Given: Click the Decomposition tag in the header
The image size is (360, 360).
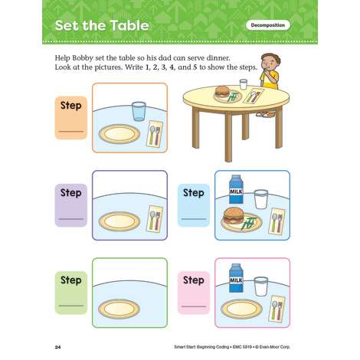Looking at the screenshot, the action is pyautogui.click(x=268, y=25).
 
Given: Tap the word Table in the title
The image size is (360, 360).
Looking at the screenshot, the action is pyautogui.click(x=129, y=25).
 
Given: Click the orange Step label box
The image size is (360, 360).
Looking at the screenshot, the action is pyautogui.click(x=71, y=118).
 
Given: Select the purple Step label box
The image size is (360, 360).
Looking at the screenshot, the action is pyautogui.click(x=71, y=205).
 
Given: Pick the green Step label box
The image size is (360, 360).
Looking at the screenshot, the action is pyautogui.click(x=71, y=293).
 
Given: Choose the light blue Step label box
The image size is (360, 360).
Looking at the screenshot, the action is pyautogui.click(x=194, y=205).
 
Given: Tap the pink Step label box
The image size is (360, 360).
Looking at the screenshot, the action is pyautogui.click(x=194, y=293).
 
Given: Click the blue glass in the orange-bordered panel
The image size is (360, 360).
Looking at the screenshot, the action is pyautogui.click(x=139, y=111).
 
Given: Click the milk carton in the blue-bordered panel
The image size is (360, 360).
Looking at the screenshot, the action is pyautogui.click(x=236, y=189).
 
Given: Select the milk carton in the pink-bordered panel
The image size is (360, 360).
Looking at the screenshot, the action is pyautogui.click(x=236, y=278).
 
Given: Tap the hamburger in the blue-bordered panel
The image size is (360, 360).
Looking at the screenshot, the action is pyautogui.click(x=234, y=215).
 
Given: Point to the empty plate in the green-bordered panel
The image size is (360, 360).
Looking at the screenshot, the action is pyautogui.click(x=119, y=309).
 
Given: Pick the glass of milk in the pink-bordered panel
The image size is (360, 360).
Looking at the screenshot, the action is pyautogui.click(x=260, y=286).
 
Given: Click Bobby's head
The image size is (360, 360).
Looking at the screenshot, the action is pyautogui.click(x=270, y=63).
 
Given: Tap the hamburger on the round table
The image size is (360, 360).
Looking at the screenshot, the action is pyautogui.click(x=222, y=91).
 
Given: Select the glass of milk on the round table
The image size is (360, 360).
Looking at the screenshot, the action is pyautogui.click(x=244, y=84).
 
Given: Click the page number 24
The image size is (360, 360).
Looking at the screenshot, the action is pyautogui.click(x=57, y=347).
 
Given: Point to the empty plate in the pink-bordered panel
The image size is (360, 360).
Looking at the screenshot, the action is pyautogui.click(x=241, y=309).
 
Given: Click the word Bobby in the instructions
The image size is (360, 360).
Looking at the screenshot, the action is pyautogui.click(x=83, y=58).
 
